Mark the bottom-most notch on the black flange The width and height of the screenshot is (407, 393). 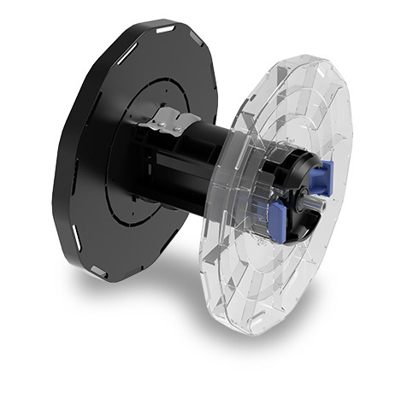(97, 272)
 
